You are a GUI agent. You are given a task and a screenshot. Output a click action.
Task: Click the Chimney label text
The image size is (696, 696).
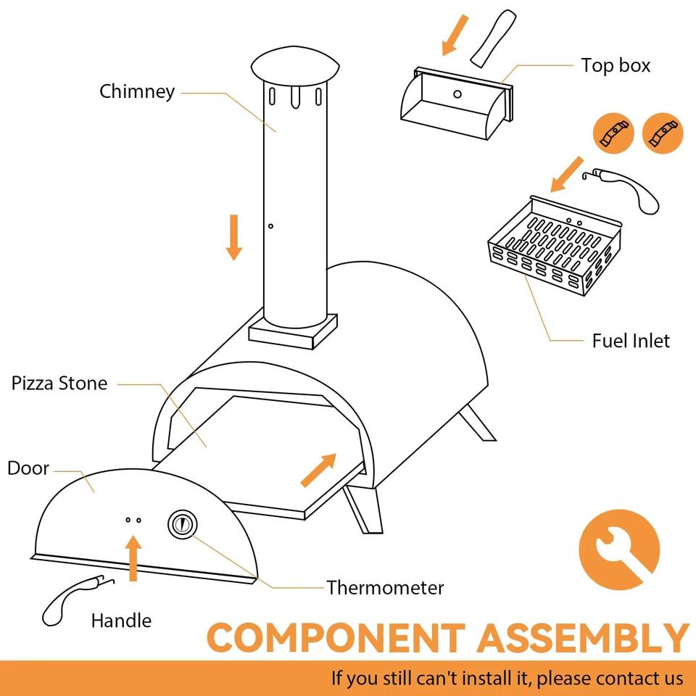(x=137, y=92)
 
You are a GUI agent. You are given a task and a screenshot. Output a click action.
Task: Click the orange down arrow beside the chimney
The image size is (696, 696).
(x=233, y=236)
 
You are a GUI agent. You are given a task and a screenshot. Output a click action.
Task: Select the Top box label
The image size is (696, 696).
(x=616, y=65)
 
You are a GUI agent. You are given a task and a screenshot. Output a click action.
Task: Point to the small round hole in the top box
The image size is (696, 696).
(x=457, y=94)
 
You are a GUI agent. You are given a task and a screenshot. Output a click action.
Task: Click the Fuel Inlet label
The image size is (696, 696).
(x=631, y=340)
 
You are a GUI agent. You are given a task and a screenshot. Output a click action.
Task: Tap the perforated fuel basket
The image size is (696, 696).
(x=555, y=250)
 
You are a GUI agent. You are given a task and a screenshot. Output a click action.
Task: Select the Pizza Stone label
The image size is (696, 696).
(x=59, y=384)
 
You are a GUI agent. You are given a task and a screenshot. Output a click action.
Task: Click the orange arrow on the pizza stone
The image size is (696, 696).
(x=319, y=470)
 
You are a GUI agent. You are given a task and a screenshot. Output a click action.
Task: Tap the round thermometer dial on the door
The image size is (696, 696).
(x=182, y=524)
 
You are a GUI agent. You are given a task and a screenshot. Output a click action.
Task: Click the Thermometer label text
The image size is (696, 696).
(x=384, y=587)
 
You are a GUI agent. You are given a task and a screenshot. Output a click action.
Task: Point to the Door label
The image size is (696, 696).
(x=28, y=468)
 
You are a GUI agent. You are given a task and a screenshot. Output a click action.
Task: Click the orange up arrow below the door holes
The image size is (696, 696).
(x=133, y=558)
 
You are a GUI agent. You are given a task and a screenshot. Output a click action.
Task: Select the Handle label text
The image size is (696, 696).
(x=121, y=621)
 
